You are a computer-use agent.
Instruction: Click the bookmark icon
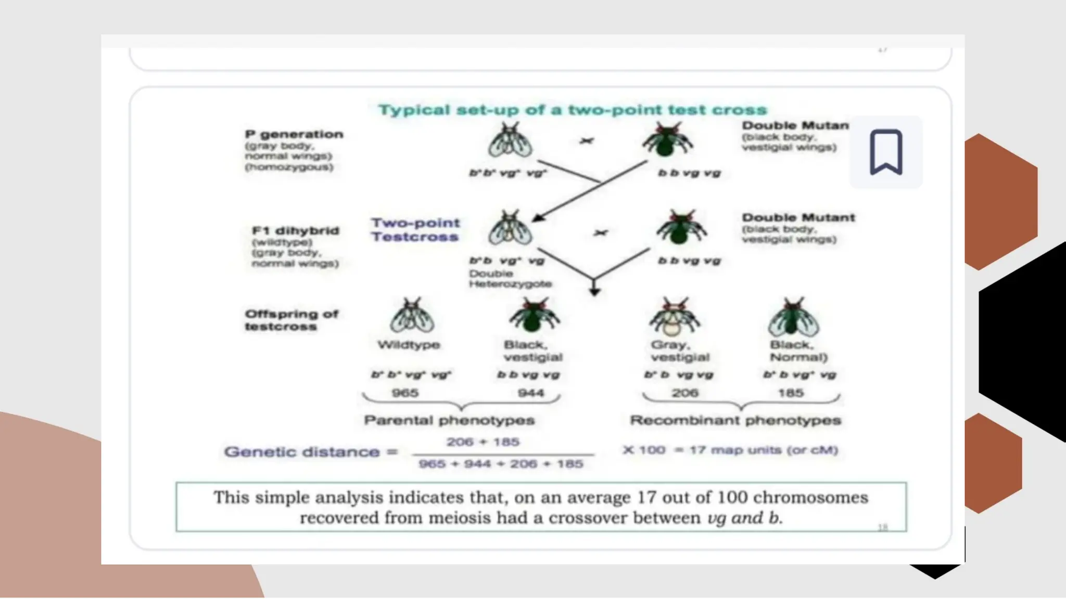(885, 152)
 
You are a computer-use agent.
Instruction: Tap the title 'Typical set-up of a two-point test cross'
(573, 110)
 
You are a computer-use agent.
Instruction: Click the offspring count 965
(405, 393)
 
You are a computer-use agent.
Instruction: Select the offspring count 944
(531, 393)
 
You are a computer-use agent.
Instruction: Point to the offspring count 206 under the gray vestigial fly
(684, 393)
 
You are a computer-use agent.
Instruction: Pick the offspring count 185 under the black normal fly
(791, 393)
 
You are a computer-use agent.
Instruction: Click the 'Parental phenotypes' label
(449, 420)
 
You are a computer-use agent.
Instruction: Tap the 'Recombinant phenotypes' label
(735, 420)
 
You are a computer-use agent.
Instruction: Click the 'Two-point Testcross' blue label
(415, 229)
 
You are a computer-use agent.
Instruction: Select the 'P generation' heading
(294, 134)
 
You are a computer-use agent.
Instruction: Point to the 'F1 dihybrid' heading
(296, 230)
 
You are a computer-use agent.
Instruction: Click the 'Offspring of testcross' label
(291, 320)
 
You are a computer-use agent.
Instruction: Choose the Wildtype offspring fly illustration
(412, 316)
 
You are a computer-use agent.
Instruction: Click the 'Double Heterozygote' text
(510, 278)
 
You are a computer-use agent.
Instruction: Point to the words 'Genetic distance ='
(311, 451)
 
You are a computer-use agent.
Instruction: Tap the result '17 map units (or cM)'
(764, 450)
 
